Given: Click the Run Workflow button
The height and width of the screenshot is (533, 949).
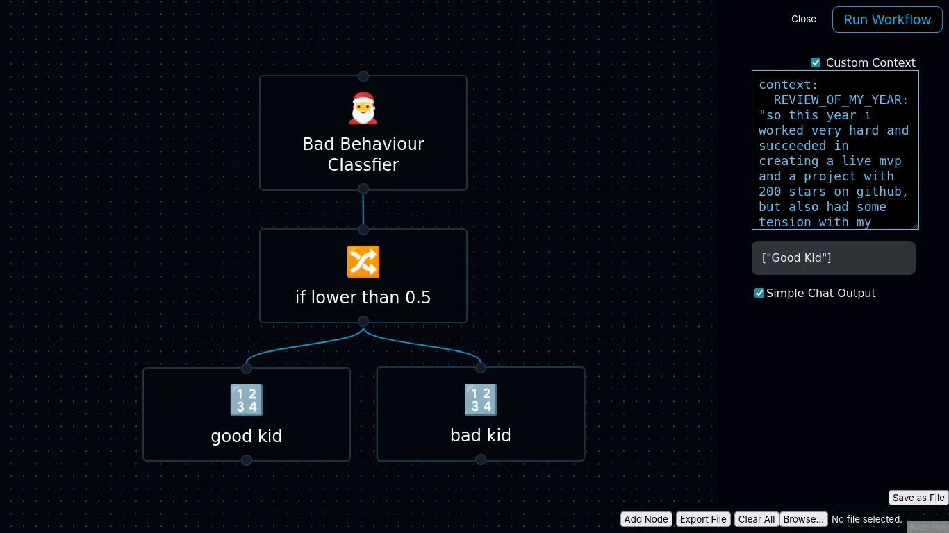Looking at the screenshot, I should (887, 19).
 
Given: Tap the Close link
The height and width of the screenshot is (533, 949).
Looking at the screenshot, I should (804, 19).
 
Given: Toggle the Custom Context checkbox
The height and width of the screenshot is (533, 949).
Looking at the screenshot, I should (816, 62).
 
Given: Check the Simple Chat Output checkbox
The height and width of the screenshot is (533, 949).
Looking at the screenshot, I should (759, 293).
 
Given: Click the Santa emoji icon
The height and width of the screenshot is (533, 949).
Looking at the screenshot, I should (363, 109).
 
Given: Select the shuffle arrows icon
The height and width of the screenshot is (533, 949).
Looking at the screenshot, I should (363, 262).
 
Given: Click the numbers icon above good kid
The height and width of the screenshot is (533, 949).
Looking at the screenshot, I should (246, 400).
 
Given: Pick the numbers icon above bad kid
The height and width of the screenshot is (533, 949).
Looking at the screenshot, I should (480, 400).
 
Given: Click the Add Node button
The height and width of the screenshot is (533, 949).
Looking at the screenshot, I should (645, 519).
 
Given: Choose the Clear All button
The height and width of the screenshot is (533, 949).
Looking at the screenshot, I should (756, 519).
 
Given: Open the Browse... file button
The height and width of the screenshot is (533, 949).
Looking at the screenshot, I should (804, 519).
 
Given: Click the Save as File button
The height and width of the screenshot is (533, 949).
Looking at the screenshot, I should (918, 498).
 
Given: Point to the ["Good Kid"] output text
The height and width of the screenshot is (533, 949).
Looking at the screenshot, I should (796, 258).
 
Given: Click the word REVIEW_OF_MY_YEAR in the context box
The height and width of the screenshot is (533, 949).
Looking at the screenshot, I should (841, 100).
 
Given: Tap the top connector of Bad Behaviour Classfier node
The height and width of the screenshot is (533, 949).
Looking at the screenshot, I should (363, 76).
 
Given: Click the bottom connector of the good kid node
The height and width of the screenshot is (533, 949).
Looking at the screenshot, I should (247, 460).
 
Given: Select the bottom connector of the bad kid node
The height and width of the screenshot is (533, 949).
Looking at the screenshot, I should (481, 459).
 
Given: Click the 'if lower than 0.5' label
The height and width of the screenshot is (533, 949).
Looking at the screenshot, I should (363, 298).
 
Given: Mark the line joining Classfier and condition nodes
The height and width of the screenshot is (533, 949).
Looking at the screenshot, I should (363, 209).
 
